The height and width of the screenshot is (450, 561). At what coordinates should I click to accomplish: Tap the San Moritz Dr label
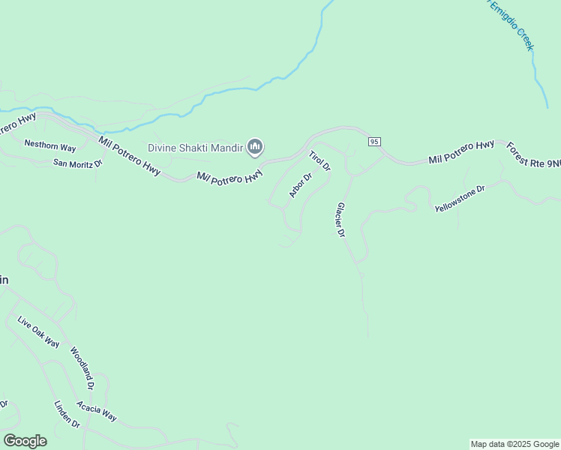coord(77,163)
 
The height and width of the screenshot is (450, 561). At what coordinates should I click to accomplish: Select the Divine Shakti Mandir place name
coord(196,148)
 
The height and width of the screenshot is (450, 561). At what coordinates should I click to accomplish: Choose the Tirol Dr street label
coord(319,161)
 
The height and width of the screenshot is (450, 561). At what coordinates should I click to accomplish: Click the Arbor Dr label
coord(300,185)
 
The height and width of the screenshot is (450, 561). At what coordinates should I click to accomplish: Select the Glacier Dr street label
coord(340,220)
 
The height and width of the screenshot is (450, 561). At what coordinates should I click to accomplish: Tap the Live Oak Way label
coord(38,332)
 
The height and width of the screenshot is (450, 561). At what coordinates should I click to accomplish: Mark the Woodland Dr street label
coord(82,367)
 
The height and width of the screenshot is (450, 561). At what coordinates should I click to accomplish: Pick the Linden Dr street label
coord(67,414)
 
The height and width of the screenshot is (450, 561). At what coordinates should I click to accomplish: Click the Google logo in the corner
coord(25,441)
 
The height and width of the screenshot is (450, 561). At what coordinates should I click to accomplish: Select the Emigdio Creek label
coord(512,25)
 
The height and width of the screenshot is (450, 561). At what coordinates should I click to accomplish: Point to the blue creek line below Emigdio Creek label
coord(538,75)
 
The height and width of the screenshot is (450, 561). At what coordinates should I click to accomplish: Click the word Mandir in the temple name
coord(228,148)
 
